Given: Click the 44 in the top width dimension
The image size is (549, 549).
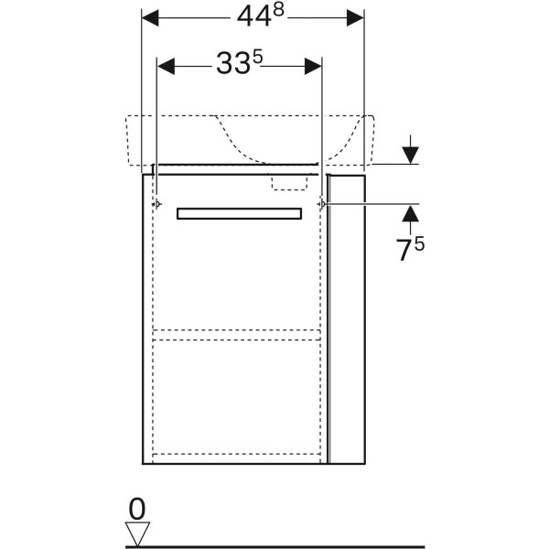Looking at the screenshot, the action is (254, 17).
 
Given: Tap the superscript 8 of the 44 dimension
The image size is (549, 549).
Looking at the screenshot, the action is (278, 11).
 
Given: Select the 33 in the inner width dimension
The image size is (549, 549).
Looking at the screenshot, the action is (233, 64).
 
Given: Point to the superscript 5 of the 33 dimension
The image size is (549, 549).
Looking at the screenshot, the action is (257, 57).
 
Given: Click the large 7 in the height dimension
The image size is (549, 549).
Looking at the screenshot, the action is (404, 251).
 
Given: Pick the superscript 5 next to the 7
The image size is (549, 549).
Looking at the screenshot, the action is (419, 243).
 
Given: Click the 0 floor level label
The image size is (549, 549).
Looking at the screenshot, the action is (137, 510).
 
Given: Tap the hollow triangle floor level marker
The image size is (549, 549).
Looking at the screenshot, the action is (137, 533).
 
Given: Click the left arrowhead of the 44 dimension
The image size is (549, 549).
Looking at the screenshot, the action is (150, 18).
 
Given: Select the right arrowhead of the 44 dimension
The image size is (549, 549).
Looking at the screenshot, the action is (355, 18).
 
